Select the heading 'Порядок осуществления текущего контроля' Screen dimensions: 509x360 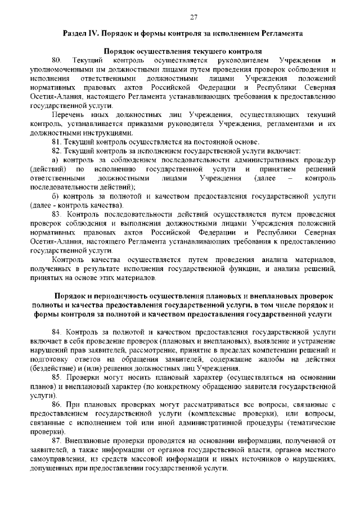coord(180,51)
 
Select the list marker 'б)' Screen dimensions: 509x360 coord(56,197)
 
